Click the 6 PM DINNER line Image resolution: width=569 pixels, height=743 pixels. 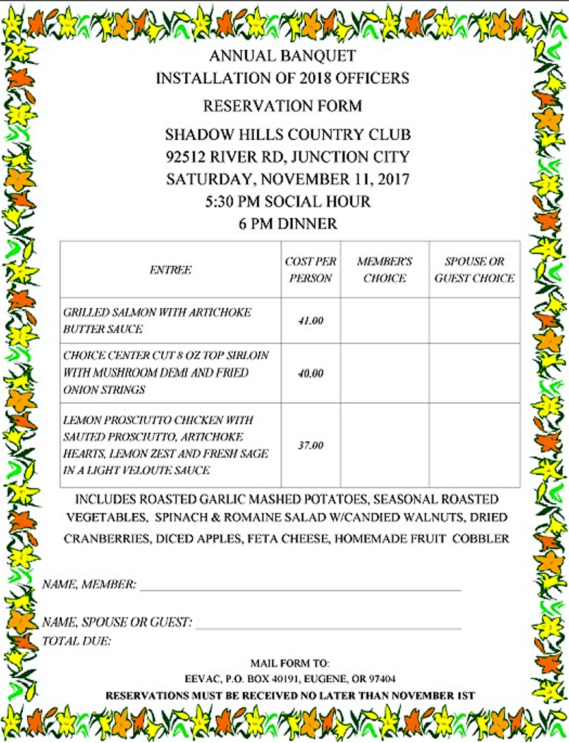(x=288, y=224)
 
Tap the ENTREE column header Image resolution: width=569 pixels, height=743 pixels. (x=170, y=270)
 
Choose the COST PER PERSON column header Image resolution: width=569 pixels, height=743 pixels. (x=310, y=270)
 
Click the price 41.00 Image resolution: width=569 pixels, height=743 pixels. (x=310, y=321)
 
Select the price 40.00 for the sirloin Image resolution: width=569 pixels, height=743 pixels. (x=310, y=373)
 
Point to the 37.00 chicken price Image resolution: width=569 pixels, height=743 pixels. (x=310, y=446)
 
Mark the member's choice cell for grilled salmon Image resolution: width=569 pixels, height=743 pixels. (x=384, y=321)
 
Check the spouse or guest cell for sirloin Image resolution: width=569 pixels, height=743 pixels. (x=474, y=373)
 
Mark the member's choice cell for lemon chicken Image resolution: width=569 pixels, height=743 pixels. (x=384, y=446)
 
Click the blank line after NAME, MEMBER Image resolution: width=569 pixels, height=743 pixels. (x=300, y=585)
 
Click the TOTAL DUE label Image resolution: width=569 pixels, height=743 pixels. (x=76, y=642)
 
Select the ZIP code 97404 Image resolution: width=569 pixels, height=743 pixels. (x=382, y=679)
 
